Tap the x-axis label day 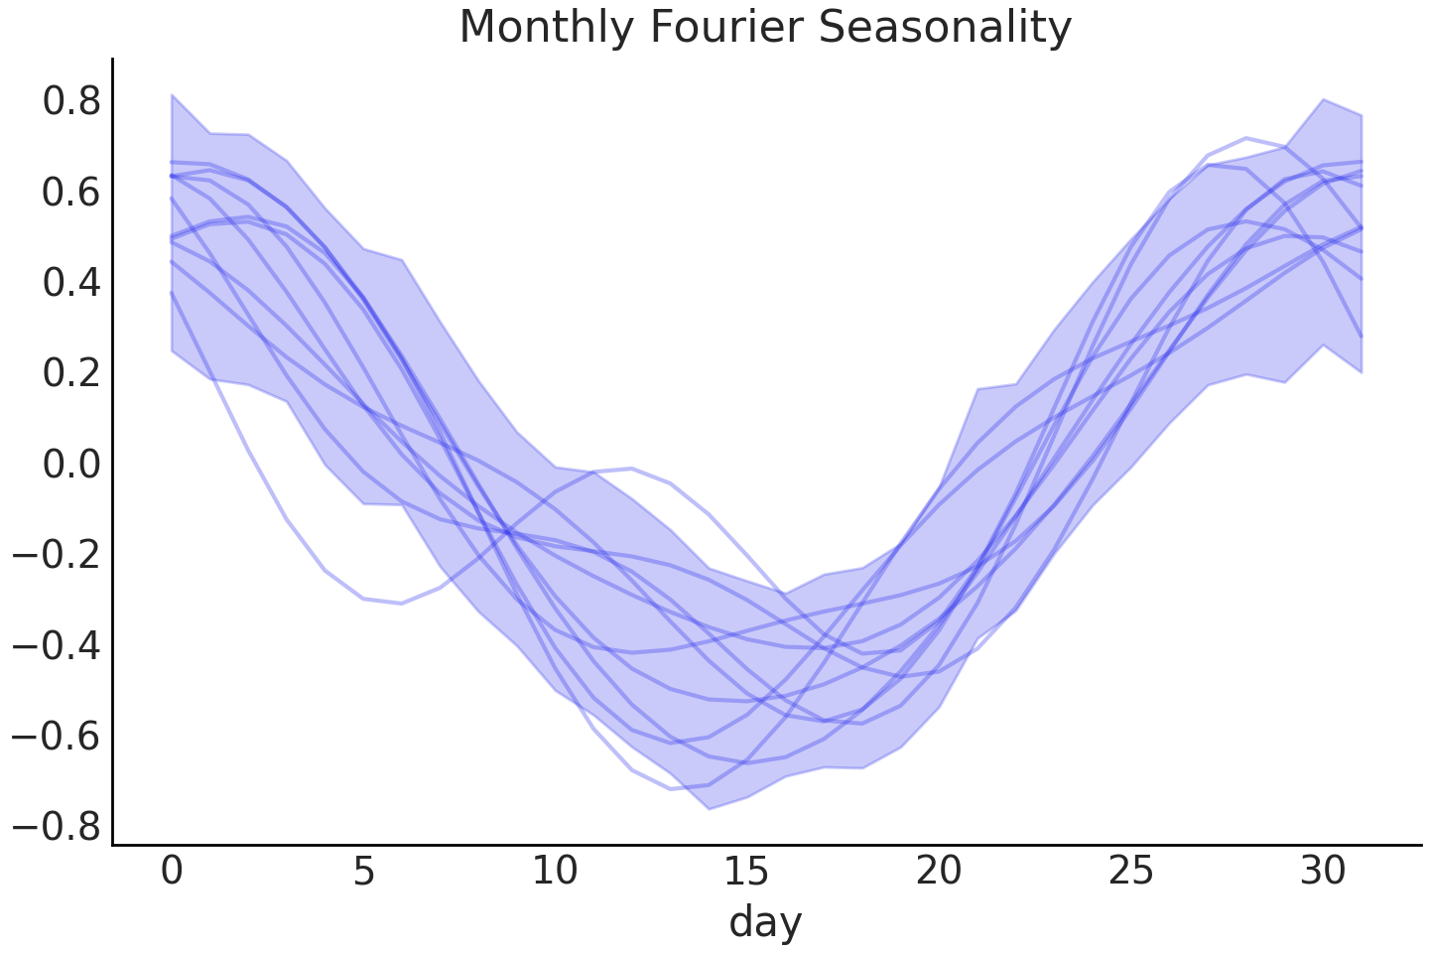pyautogui.click(x=765, y=922)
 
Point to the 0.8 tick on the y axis pyautogui.click(x=71, y=101)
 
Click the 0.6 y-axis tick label pyautogui.click(x=71, y=192)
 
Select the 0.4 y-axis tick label pyautogui.click(x=71, y=283)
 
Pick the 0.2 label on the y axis pyautogui.click(x=71, y=373)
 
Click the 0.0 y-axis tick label pyautogui.click(x=71, y=464)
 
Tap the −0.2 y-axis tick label pyautogui.click(x=57, y=555)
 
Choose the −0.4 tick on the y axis pyautogui.click(x=57, y=645)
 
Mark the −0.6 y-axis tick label pyautogui.click(x=57, y=736)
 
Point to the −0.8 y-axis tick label pyautogui.click(x=57, y=827)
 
